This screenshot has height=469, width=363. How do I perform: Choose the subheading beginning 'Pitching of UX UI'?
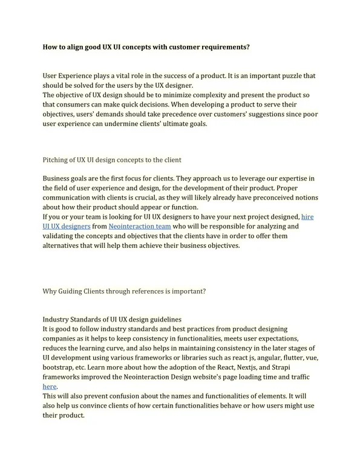click(x=112, y=160)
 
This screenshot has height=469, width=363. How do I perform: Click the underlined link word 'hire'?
click(x=307, y=216)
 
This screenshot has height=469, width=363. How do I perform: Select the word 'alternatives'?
click(x=63, y=245)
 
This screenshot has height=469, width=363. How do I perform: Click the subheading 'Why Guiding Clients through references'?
click(x=124, y=291)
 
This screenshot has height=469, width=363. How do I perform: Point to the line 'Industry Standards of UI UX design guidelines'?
click(x=113, y=319)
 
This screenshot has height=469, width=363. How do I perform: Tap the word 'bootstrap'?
click(x=60, y=367)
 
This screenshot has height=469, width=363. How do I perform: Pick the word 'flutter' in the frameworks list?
click(x=284, y=357)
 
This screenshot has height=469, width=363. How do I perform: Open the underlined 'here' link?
click(x=49, y=386)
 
